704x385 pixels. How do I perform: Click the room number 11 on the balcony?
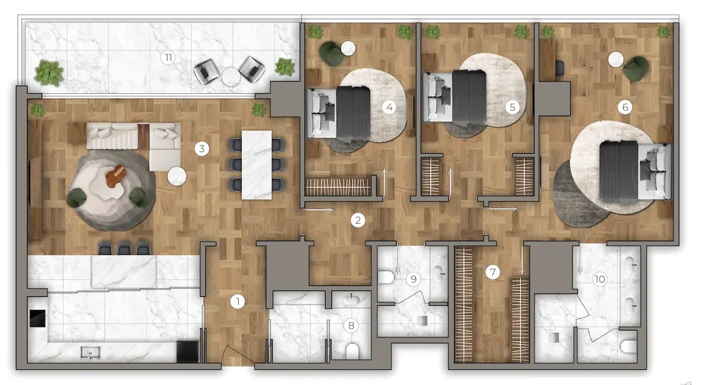[168, 58]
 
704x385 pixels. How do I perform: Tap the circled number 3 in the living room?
[202, 148]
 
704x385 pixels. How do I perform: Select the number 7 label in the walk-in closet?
[492, 272]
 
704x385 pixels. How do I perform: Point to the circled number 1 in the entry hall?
[238, 302]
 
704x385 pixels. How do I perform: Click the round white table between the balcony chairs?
[231, 77]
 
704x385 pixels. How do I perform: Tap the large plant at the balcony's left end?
[49, 73]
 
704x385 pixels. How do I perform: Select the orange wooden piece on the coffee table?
[116, 175]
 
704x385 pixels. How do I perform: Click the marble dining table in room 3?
[256, 165]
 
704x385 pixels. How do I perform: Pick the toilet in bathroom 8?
[352, 352]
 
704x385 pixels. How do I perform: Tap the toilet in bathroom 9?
[386, 277]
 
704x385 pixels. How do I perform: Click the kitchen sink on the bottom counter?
[90, 352]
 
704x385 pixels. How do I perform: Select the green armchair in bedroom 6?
[636, 69]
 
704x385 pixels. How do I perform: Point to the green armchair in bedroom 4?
[331, 54]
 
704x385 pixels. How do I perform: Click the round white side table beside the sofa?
[177, 176]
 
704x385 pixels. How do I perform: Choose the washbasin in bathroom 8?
[351, 299]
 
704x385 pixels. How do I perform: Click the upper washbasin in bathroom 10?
[631, 265]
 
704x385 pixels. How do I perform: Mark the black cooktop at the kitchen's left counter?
[38, 318]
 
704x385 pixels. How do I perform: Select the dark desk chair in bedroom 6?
[560, 68]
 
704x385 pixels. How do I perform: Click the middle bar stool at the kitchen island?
[124, 248]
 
